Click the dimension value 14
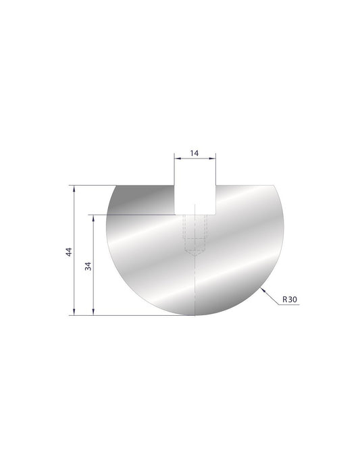[x=195, y=153]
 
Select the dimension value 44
[x=68, y=252]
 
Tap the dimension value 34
[x=88, y=265]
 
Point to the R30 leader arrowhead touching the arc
[x=261, y=290]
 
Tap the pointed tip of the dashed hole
[x=195, y=257]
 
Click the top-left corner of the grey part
[x=113, y=185]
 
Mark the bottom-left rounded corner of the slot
[x=177, y=212]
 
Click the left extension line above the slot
[x=175, y=169]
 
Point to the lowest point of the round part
[x=195, y=314]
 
